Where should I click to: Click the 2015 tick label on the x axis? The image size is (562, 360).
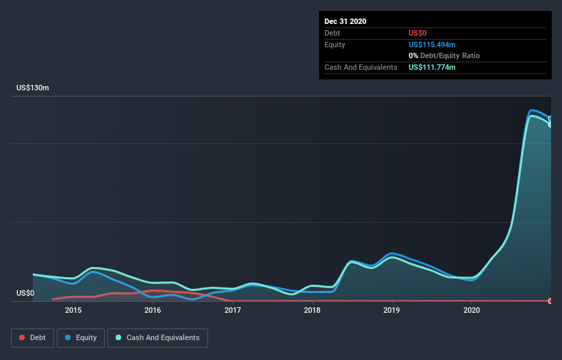click(x=73, y=310)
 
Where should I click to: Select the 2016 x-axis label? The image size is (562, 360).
click(x=153, y=310)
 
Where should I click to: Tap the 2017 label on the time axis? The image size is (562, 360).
click(x=233, y=310)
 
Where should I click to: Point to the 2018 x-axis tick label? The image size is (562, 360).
click(x=312, y=310)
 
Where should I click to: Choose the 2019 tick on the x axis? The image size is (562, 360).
click(x=392, y=310)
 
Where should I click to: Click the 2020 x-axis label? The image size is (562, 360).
click(x=472, y=310)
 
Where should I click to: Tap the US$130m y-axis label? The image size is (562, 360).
click(x=33, y=88)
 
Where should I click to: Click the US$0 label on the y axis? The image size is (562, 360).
click(x=25, y=293)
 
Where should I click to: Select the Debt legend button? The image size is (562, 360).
click(x=33, y=338)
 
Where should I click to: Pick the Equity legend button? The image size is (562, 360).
click(x=81, y=338)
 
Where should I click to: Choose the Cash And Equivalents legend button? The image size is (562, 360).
click(x=157, y=338)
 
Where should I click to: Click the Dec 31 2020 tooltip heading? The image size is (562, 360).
click(x=345, y=21)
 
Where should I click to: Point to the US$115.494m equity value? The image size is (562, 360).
click(x=432, y=44)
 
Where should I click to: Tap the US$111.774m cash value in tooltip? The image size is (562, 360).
click(x=432, y=67)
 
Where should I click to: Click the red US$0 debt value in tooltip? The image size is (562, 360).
click(x=418, y=33)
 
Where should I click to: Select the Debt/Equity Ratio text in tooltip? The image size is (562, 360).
click(x=450, y=55)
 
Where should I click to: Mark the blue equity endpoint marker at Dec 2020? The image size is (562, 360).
click(x=550, y=118)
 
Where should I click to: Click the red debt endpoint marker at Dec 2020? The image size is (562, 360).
click(x=550, y=301)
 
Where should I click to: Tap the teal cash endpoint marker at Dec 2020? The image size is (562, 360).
click(x=550, y=125)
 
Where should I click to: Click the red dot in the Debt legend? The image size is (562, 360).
click(x=22, y=337)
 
